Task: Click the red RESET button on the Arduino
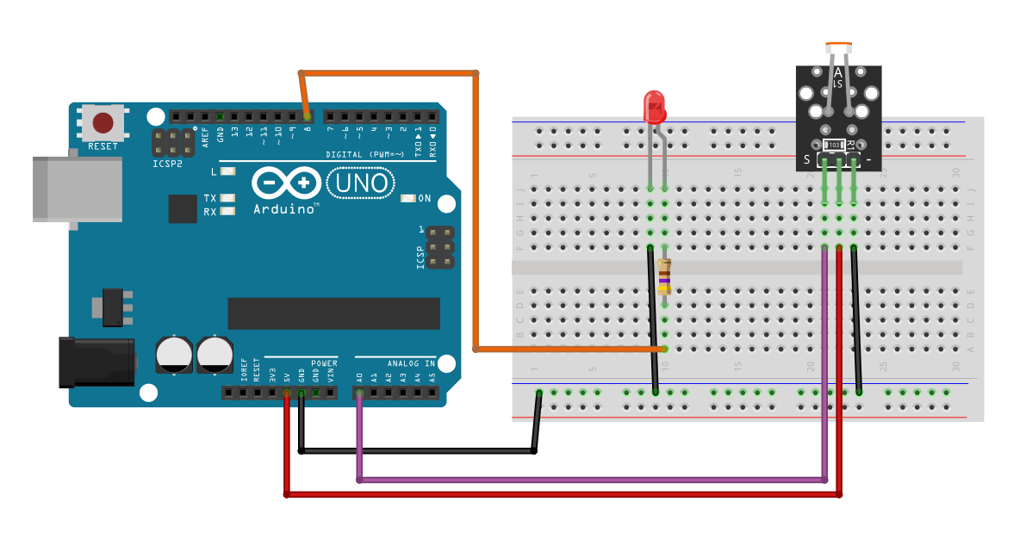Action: tap(103, 122)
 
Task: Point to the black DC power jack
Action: tap(96, 362)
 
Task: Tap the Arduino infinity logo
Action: tap(284, 183)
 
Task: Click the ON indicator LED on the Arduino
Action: tap(408, 198)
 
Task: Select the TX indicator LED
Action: tap(228, 198)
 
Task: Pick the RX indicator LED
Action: tap(228, 211)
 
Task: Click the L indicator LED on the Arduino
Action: tap(228, 171)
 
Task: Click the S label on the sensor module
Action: tap(807, 159)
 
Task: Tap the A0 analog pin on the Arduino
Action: tap(359, 393)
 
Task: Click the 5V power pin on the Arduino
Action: tap(287, 393)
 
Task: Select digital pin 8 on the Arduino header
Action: tap(308, 116)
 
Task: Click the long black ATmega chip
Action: tap(333, 313)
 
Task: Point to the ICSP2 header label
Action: tap(168, 163)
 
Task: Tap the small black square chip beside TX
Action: tap(183, 208)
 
